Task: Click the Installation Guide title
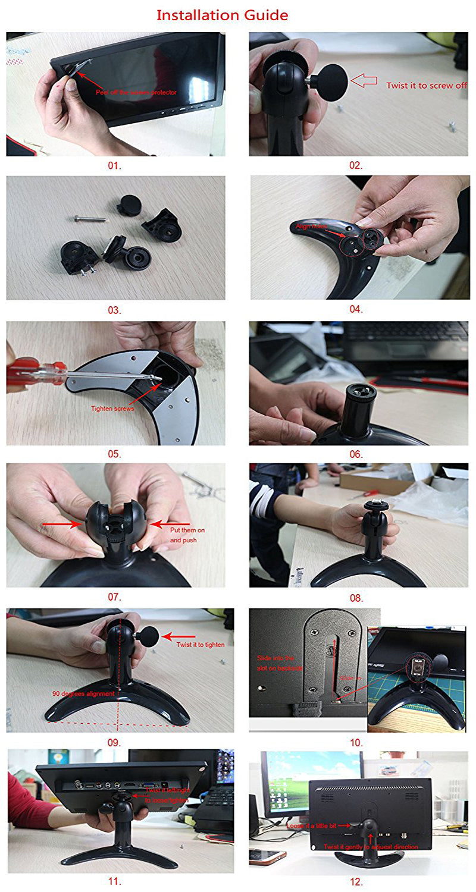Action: [x=222, y=15]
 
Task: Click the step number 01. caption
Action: [x=114, y=166]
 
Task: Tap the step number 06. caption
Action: [x=356, y=454]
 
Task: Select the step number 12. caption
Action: [x=356, y=882]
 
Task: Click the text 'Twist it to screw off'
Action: [x=427, y=86]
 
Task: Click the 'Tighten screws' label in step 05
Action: [x=112, y=409]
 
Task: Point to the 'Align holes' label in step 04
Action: [x=311, y=227]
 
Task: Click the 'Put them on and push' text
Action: [x=183, y=535]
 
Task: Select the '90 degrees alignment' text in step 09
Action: [x=83, y=693]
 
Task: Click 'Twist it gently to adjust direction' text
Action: [x=370, y=846]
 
